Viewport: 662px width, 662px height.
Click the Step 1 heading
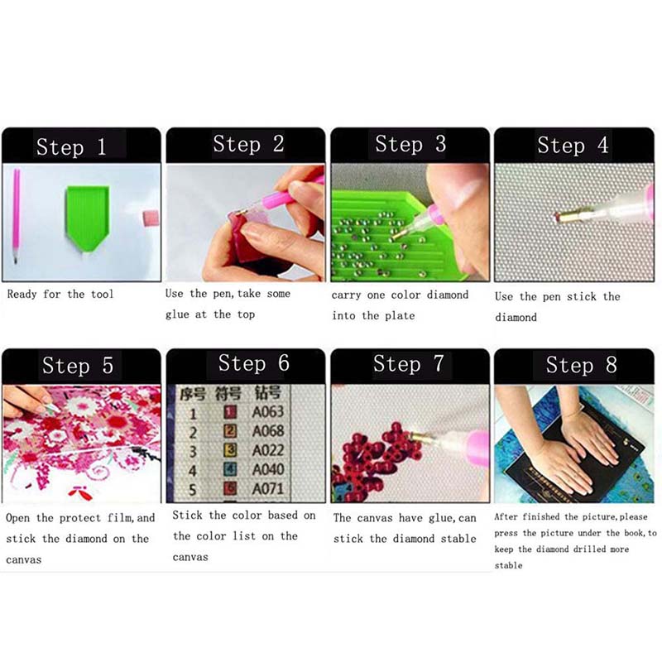tap(71, 147)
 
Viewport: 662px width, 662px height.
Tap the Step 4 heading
tap(573, 145)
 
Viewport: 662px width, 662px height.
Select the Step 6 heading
tap(254, 363)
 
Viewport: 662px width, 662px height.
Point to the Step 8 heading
tap(582, 364)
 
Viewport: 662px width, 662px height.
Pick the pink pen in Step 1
tap(16, 215)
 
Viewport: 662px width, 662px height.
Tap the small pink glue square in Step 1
tap(151, 218)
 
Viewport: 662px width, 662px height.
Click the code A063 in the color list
tap(268, 411)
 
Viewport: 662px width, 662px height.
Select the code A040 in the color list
tap(268, 469)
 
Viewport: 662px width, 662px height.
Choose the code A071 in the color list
tap(268, 489)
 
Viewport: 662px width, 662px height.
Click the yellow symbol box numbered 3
tap(230, 450)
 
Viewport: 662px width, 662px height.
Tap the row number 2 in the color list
tap(193, 432)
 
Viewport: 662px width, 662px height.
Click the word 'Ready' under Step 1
tap(22, 294)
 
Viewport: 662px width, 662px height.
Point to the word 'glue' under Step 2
tap(177, 315)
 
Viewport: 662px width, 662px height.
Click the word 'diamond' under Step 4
tap(516, 317)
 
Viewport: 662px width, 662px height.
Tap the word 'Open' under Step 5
tap(17, 518)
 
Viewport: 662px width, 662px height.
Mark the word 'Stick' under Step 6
tap(187, 515)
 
